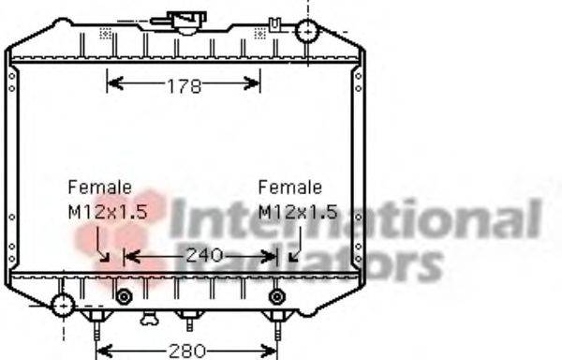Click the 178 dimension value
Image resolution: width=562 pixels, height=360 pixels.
click(x=185, y=86)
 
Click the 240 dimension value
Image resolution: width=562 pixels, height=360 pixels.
click(x=204, y=256)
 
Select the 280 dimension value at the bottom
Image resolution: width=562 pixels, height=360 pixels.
click(x=186, y=351)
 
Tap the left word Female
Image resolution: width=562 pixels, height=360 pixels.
click(x=100, y=187)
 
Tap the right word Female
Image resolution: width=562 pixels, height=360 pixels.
click(x=290, y=187)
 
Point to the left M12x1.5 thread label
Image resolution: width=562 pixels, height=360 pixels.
click(x=108, y=212)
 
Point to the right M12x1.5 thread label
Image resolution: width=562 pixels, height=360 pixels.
click(x=298, y=212)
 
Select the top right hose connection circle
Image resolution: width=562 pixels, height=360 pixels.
click(x=307, y=31)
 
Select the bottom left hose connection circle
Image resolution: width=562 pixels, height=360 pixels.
click(x=63, y=306)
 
